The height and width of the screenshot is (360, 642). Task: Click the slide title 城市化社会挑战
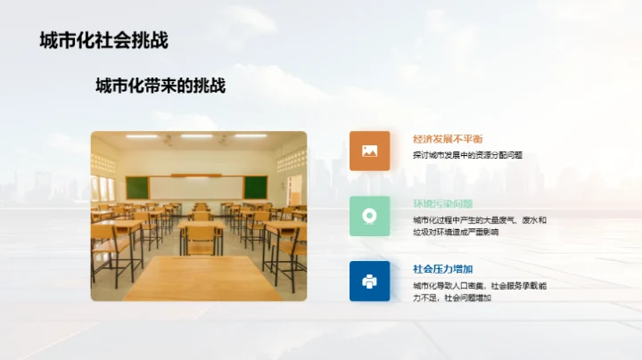point(104,40)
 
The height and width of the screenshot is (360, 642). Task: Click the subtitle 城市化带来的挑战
point(160,86)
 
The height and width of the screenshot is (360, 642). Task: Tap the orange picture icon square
point(369,151)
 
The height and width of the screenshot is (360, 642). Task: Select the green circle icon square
point(369,216)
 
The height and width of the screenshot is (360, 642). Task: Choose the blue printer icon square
point(369,281)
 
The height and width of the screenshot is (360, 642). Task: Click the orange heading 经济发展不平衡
point(448,139)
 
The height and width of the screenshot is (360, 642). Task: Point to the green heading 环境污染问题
point(442,204)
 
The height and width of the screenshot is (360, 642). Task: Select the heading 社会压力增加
point(442,269)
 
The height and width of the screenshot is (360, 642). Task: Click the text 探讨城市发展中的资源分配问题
point(467,155)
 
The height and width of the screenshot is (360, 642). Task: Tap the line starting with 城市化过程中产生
point(480,219)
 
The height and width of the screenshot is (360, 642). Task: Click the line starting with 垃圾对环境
point(456,232)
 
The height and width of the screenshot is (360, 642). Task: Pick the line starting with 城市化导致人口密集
point(480,285)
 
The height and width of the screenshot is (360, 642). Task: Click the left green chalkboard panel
point(136,187)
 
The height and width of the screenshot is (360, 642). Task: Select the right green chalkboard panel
point(255,187)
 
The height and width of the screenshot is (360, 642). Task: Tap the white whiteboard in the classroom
point(195,187)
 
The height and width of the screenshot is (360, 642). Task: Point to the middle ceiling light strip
point(196,136)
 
